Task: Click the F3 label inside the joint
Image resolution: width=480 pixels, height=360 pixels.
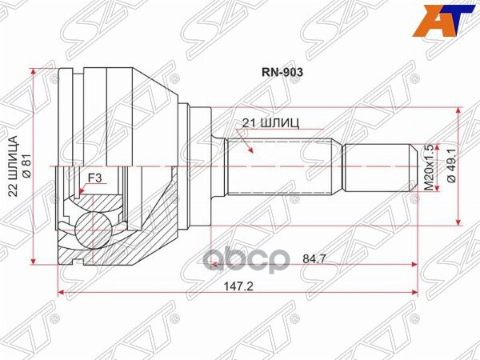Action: tap(95, 178)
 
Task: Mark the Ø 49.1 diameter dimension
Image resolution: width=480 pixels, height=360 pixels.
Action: tap(450, 167)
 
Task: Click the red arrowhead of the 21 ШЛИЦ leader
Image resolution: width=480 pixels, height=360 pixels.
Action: tap(251, 150)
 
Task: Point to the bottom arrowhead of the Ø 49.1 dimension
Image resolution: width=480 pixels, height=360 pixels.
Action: tap(458, 220)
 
